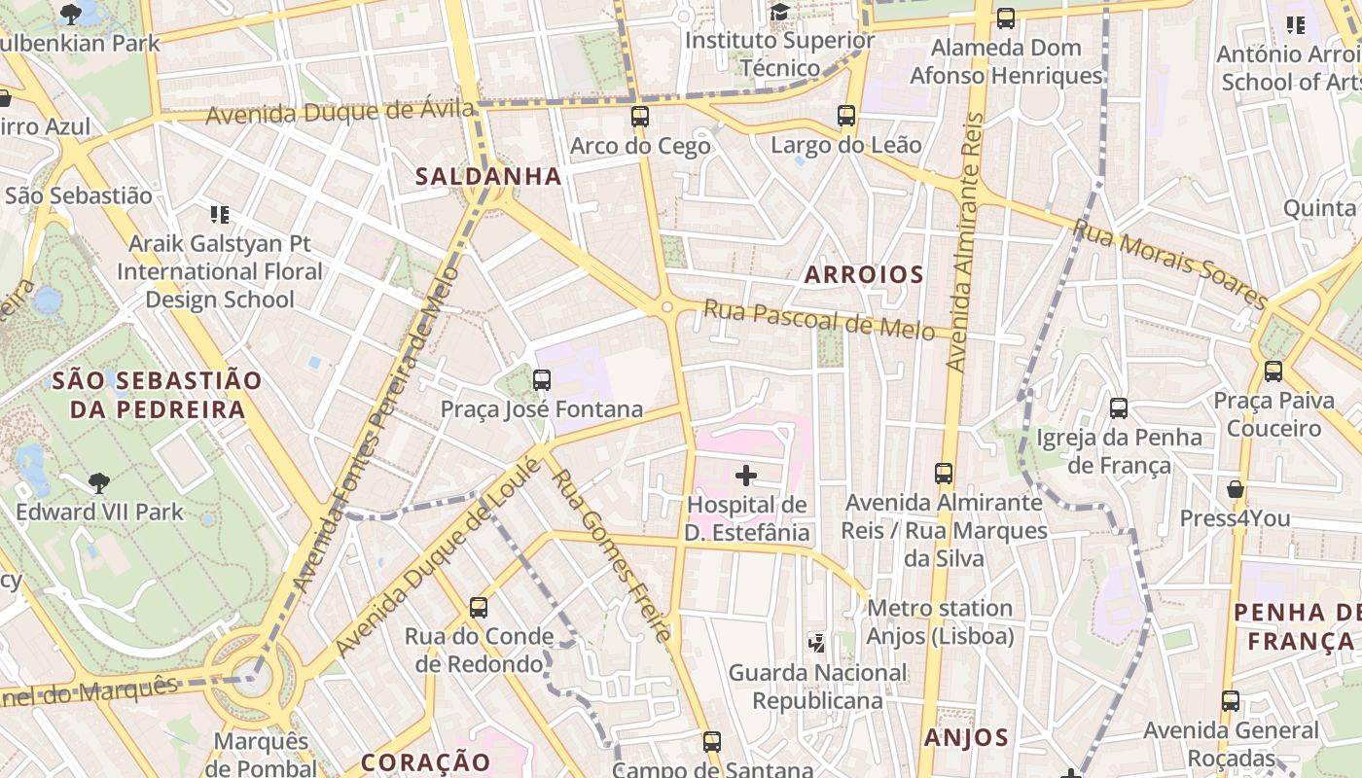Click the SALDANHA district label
488,176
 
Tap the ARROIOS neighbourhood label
864,274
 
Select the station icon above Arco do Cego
639,117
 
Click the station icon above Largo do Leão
845,116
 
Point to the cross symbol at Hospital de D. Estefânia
746,476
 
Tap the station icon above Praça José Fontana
542,380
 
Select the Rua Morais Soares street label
1169,262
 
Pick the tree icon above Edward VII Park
98,482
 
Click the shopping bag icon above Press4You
1235,488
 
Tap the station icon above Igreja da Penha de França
1119,408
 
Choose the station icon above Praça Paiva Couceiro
1272,371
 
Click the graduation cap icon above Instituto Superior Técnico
779,12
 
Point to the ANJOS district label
966,737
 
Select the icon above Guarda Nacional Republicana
817,642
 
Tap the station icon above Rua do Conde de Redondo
478,608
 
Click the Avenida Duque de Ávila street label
340,112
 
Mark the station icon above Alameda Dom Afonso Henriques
1006,18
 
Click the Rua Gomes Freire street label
608,551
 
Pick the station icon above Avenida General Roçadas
1231,700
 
